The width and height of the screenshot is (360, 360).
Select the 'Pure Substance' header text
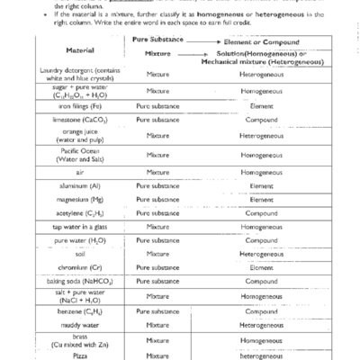(x=157, y=41)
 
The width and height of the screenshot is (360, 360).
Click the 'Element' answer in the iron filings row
(x=261, y=105)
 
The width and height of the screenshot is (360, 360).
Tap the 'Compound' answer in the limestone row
(x=261, y=119)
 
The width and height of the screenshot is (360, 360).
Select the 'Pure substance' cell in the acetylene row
(x=157, y=213)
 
